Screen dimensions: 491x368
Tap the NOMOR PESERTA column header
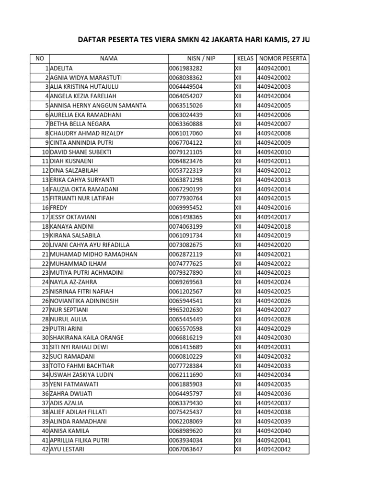click(x=282, y=59)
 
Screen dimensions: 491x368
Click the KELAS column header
click(x=245, y=59)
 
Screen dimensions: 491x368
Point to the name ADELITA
click(x=61, y=68)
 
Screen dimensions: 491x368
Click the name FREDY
click(x=58, y=208)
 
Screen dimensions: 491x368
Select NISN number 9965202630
click(x=186, y=310)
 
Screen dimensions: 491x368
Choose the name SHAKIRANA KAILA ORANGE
click(x=87, y=338)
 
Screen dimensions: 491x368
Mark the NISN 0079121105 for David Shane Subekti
click(x=186, y=152)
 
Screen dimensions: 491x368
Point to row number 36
click(x=45, y=394)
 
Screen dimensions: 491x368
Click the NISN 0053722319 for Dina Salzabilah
click(x=186, y=171)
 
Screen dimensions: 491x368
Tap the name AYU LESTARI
click(x=67, y=450)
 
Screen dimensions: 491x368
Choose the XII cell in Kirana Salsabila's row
click(x=238, y=236)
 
